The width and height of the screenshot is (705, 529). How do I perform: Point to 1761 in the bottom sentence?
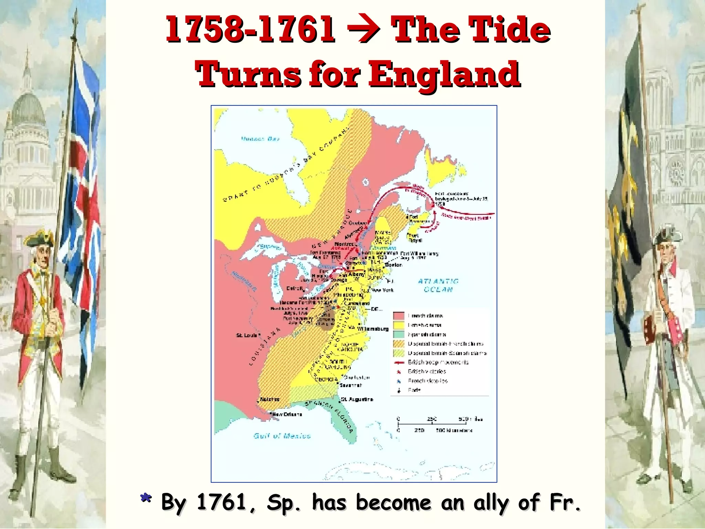coord(222,502)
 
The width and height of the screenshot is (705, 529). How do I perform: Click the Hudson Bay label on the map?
coord(260,139)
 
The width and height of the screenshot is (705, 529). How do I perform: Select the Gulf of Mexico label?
coord(282,436)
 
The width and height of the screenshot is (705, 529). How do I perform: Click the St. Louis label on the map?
coord(246,335)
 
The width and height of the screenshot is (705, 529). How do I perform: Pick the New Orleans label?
coord(287,414)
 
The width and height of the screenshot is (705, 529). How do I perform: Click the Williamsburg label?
coord(373,329)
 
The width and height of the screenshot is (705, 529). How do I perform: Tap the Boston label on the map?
coord(393,265)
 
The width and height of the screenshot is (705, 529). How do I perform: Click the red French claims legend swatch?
coord(399,315)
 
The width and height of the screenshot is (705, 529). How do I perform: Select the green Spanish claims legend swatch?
coord(399,334)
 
